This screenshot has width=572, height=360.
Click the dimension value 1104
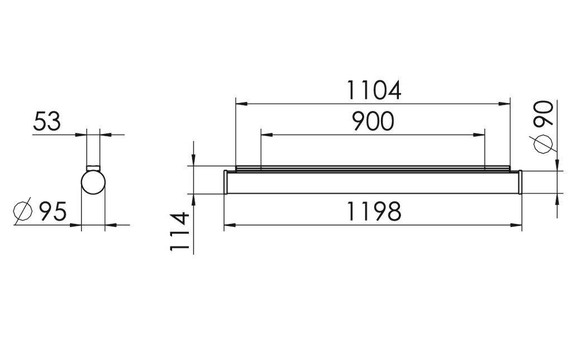[374, 90]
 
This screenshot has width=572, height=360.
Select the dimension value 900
[373, 122]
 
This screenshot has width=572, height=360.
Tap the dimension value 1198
[374, 212]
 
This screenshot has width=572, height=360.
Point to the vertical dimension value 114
[180, 231]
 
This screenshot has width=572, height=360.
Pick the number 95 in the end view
[53, 212]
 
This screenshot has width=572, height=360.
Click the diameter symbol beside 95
[22, 212]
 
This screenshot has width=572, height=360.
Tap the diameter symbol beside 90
[544, 144]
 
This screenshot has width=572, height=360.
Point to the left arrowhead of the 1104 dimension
[240, 103]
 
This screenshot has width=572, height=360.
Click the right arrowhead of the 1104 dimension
[506, 103]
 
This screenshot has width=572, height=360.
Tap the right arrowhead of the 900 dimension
[480, 135]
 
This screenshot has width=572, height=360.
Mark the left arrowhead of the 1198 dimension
[228, 225]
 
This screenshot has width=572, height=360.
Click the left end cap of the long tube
[225, 183]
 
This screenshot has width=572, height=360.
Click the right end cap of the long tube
[520, 183]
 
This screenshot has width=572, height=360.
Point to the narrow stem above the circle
[93, 151]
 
